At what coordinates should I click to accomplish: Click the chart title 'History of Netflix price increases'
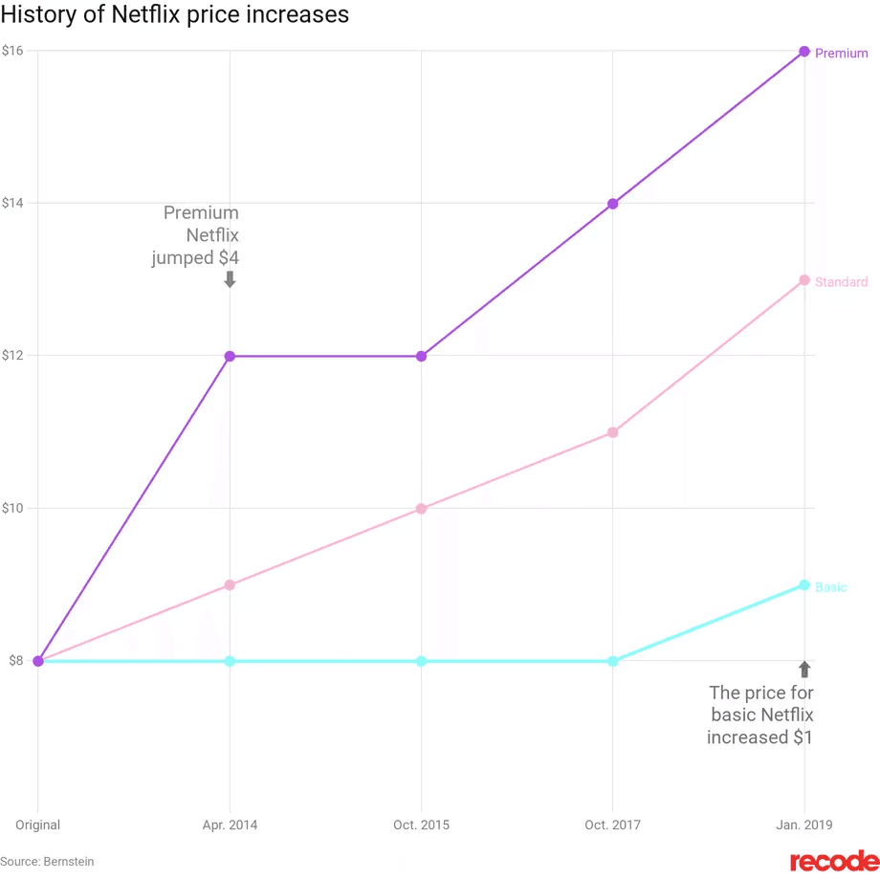174,15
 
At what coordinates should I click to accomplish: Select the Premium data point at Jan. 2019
804,52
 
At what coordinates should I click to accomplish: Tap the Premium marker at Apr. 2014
230,356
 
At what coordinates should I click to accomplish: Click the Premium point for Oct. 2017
612,204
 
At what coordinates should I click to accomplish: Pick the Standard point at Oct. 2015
421,509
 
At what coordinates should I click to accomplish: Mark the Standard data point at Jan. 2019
804,280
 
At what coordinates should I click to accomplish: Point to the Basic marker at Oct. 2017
612,661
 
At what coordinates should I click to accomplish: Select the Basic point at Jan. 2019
804,584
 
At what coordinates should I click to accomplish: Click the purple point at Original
38,661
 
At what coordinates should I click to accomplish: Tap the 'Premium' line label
841,54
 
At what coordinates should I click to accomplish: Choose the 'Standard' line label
841,282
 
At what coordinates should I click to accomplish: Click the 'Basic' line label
830,587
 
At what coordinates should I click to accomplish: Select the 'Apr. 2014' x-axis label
230,825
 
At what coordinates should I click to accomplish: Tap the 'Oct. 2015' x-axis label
421,825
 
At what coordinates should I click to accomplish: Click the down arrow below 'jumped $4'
230,279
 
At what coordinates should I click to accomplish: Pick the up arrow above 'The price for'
804,669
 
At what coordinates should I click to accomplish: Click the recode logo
833,861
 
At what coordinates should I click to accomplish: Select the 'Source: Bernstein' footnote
48,862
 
